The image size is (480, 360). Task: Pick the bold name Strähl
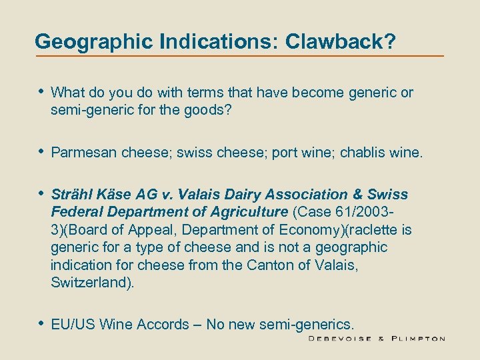click(x=71, y=195)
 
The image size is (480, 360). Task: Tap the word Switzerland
click(x=89, y=282)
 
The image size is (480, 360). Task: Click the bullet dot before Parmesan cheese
click(x=40, y=152)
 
